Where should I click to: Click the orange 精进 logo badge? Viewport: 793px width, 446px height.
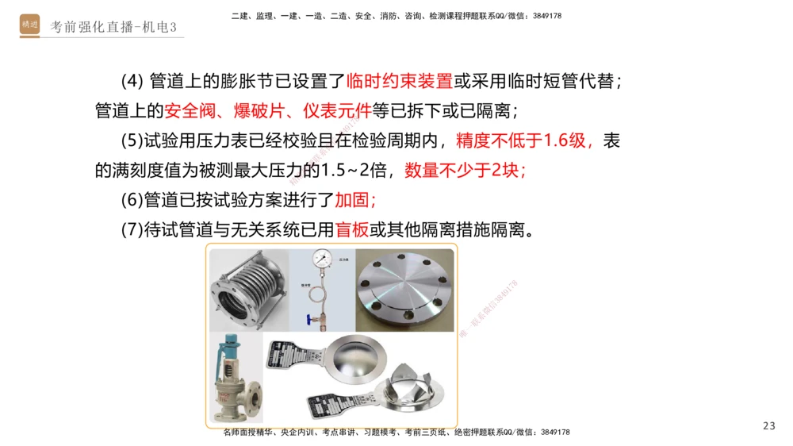[x=29, y=25]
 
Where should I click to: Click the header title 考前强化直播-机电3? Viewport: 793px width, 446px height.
[x=113, y=27]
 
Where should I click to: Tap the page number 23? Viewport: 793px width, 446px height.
[x=768, y=426]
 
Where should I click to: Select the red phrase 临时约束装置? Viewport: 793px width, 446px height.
[x=399, y=81]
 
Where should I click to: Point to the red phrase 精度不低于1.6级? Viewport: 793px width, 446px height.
[x=524, y=141]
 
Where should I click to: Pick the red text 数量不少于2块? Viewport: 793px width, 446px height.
[x=465, y=171]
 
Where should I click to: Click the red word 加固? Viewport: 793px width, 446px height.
[x=355, y=201]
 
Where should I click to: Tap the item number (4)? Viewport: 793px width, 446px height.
[x=132, y=81]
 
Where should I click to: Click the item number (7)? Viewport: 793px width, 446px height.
[x=132, y=230]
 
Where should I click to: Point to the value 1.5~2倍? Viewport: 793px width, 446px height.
[x=360, y=171]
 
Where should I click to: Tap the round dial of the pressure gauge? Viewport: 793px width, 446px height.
[x=322, y=260]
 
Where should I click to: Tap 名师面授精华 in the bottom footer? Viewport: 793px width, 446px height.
[x=249, y=433]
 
